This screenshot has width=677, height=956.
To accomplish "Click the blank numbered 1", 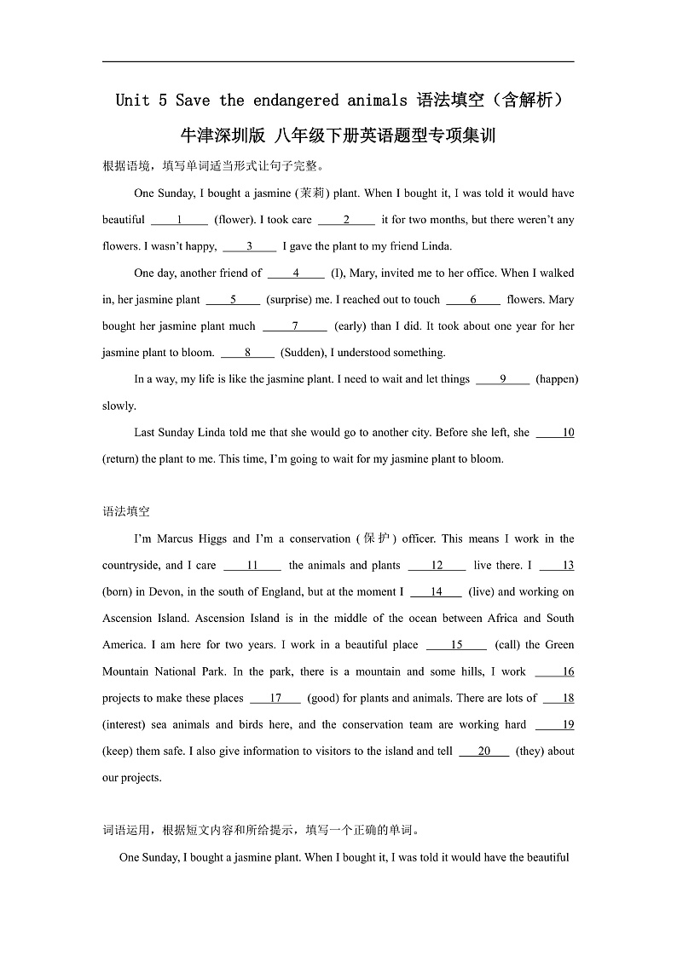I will point(180,220).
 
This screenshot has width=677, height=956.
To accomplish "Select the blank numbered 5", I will point(233,300).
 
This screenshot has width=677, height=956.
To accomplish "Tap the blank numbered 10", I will point(556,433).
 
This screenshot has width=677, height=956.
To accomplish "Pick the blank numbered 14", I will point(436,592).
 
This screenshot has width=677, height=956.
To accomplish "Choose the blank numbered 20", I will point(484,752).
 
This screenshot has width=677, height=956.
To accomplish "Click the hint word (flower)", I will point(237,220).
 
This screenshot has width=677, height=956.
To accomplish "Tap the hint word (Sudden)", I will point(303,353).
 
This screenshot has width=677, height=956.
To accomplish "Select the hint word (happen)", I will point(557,379).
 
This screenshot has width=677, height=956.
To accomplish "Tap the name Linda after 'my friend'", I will point(435,246).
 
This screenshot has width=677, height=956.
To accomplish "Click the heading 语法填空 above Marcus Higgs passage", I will point(126,512).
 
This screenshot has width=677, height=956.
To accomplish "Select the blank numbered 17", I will point(275,699).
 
